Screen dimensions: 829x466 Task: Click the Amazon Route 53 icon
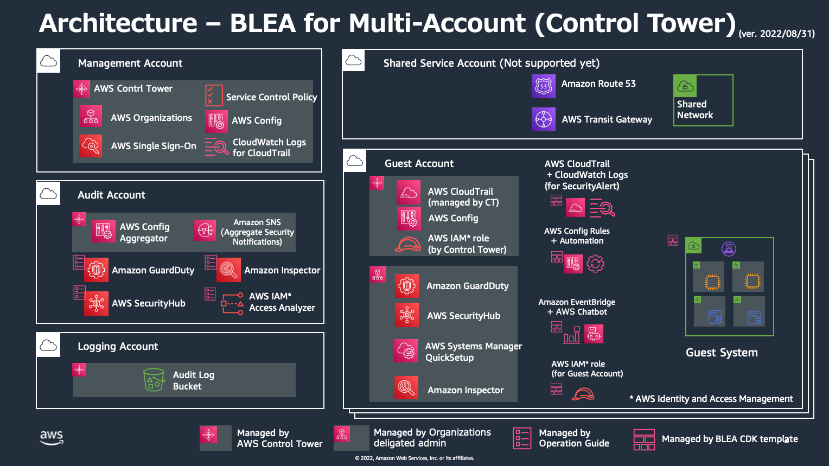point(544,86)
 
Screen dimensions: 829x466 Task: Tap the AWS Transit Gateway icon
point(544,119)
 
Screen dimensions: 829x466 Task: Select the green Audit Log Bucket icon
point(154,380)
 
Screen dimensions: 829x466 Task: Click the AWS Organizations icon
point(91,116)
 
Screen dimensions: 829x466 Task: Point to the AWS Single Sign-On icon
point(91,145)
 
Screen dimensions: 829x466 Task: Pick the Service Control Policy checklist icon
point(214,95)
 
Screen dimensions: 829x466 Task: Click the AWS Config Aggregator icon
point(104,231)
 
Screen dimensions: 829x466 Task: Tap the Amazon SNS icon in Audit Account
point(205,231)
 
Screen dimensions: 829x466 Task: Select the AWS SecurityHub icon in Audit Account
point(97,303)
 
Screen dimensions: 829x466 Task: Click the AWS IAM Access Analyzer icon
point(232,303)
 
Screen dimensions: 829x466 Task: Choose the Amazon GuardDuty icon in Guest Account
point(407,286)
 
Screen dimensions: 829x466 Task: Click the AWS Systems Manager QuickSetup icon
point(406,350)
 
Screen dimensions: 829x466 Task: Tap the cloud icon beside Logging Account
point(49,346)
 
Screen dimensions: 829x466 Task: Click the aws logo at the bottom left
point(52,437)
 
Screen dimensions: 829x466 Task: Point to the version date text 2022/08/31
point(777,34)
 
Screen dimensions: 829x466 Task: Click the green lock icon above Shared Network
point(685,86)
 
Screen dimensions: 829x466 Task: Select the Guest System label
point(722,353)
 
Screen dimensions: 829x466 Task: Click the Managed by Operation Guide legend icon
point(522,438)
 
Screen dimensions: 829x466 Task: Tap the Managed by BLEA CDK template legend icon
point(645,439)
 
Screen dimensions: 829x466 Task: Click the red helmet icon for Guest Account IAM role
point(583,393)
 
